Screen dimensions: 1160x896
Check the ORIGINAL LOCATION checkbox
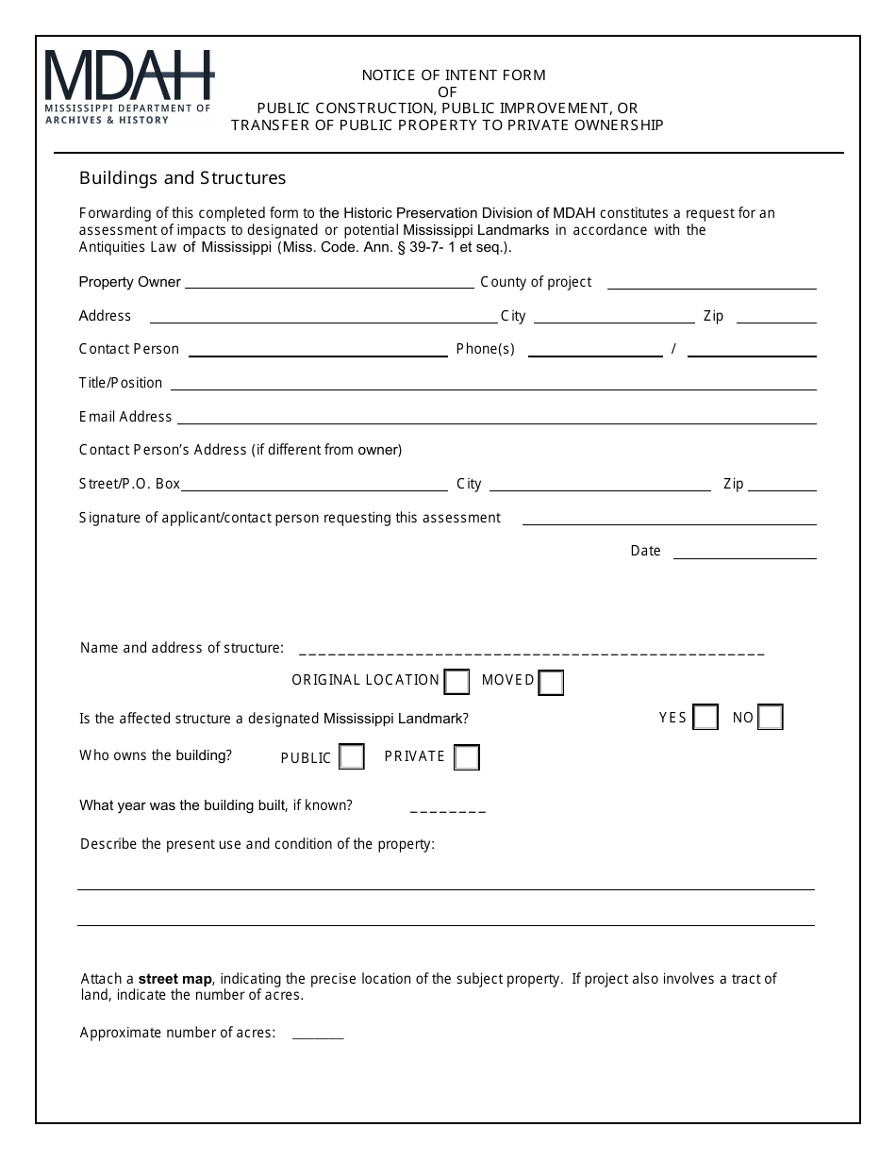click(456, 681)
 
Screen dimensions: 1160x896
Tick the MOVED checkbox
click(551, 682)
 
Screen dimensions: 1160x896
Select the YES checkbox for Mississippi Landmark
click(705, 718)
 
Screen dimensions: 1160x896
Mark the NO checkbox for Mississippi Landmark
click(771, 718)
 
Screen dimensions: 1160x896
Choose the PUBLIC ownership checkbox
click(352, 757)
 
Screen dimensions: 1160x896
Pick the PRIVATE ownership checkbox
click(467, 757)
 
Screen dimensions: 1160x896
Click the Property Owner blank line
click(329, 282)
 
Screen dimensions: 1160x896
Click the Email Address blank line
click(496, 417)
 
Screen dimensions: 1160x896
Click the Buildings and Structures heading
click(182, 178)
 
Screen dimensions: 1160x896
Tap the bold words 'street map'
click(175, 979)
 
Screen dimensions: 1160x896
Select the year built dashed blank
click(448, 807)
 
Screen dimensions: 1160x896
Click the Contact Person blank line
click(318, 350)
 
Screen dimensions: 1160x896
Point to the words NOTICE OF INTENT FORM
click(454, 75)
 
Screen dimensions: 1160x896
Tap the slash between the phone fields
click(673, 349)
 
